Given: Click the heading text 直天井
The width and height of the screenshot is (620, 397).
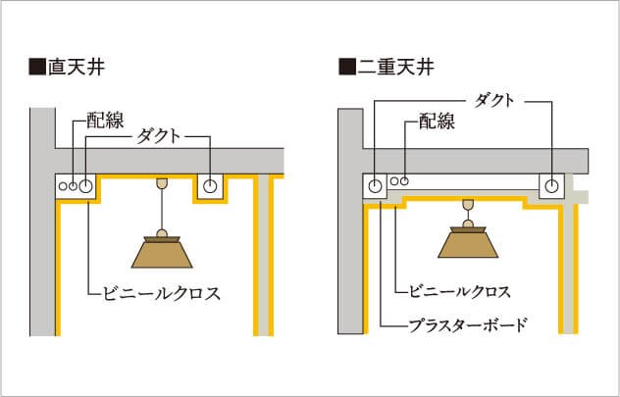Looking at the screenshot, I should tap(77, 68).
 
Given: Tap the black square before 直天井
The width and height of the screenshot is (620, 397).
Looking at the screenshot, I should tap(38, 68).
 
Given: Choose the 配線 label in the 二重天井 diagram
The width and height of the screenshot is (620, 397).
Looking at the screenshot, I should tap(437, 122).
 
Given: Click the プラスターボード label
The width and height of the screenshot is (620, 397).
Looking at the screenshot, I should tap(468, 323).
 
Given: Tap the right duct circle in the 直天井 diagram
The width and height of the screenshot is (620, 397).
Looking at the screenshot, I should tap(210, 183).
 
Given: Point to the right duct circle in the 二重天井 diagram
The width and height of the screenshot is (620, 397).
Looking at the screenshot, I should tap(553, 183).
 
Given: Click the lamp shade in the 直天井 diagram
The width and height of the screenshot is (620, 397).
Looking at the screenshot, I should tap(162, 252).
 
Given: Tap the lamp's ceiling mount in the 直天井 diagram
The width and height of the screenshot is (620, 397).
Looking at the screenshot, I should tap(162, 182).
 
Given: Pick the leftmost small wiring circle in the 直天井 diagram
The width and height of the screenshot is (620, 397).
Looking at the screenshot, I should tap(63, 184).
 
